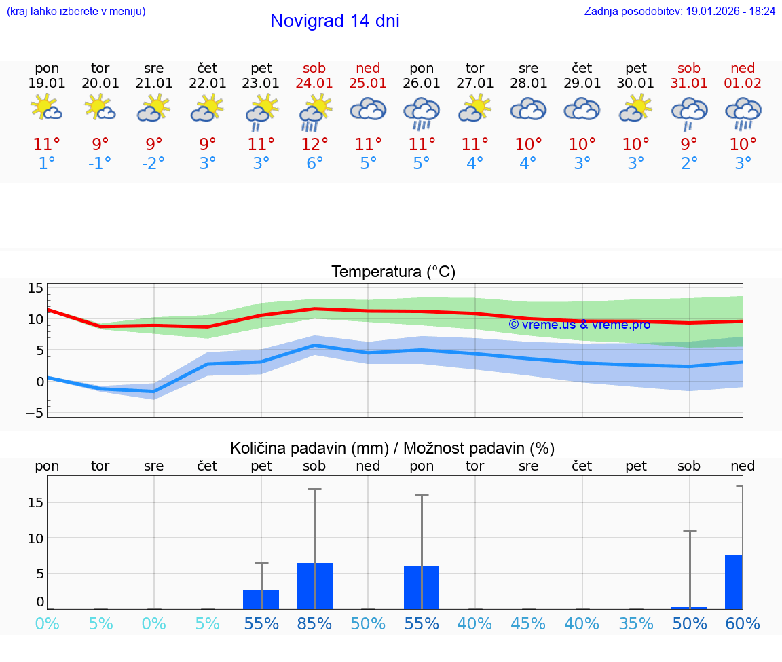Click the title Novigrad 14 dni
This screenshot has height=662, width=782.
tap(335, 21)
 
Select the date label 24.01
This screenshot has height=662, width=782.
tap(314, 84)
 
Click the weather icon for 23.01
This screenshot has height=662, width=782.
tap(261, 112)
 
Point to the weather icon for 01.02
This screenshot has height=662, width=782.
tap(743, 112)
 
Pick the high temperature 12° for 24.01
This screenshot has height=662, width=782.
tap(314, 145)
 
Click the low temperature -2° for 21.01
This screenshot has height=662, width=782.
tap(154, 164)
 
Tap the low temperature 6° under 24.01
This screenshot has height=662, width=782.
tap(314, 164)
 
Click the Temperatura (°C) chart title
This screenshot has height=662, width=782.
tap(393, 272)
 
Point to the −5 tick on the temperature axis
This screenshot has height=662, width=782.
tap(35, 413)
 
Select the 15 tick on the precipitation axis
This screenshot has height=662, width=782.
tap(35, 502)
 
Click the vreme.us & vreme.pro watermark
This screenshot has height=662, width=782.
tap(579, 325)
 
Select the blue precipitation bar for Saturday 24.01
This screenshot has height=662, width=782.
tap(314, 586)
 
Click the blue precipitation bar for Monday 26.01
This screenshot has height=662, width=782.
tap(422, 587)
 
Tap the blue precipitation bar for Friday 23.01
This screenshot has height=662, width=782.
tap(261, 600)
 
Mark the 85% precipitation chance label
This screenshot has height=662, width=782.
tap(314, 624)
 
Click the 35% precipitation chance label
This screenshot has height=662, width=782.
tap(636, 624)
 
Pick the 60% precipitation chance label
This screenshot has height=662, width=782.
tap(743, 624)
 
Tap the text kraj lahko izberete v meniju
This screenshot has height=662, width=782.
tap(76, 12)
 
